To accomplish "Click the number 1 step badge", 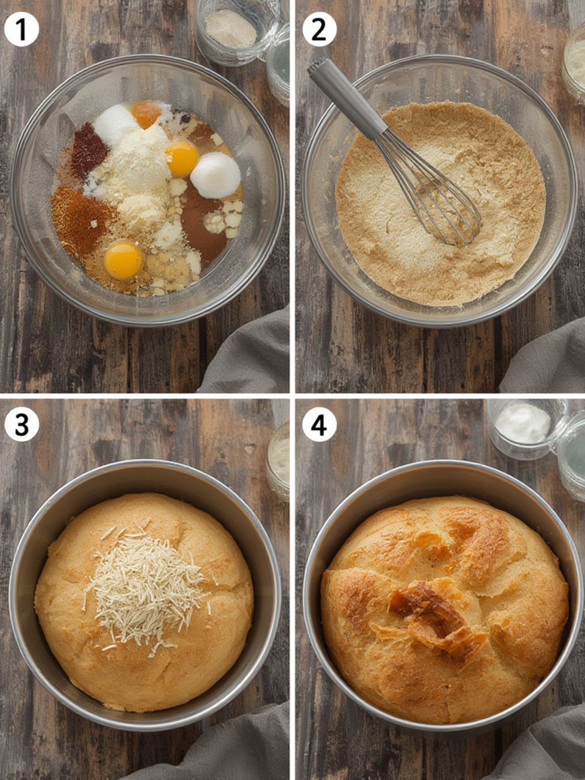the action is (x=22, y=30).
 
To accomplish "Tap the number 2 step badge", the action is (x=319, y=30).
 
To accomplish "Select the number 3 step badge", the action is (x=22, y=424).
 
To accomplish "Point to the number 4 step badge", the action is (x=319, y=424).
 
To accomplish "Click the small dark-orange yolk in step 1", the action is (x=146, y=114).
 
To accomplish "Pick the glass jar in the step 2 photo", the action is (x=574, y=66).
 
